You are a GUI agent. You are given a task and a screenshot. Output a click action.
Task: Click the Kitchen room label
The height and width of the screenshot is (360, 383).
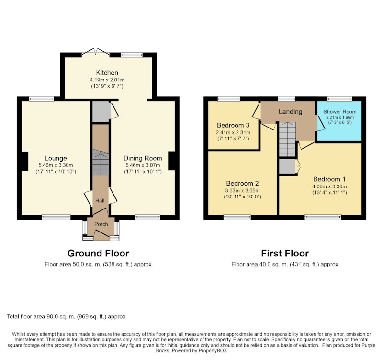click(107, 73)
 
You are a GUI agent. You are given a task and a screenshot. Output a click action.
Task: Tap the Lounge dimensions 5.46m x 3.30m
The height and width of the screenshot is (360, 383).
click(56, 165)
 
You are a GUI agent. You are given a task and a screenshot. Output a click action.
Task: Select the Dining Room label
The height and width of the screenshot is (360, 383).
click(143, 158)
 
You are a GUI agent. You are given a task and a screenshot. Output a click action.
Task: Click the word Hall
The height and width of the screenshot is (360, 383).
click(100, 201)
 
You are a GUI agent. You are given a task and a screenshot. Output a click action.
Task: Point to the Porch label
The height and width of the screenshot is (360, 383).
click(101, 224)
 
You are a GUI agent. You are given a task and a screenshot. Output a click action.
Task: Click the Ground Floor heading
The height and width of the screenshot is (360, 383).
click(98, 254)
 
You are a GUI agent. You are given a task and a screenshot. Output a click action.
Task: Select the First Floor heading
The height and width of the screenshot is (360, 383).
click(285, 254)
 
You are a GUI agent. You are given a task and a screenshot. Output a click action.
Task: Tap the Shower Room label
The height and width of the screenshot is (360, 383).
click(340, 112)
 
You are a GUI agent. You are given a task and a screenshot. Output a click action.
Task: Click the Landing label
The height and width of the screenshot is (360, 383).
click(291, 112)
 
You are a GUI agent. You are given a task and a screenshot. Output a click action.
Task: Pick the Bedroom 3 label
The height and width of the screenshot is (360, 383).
click(233, 125)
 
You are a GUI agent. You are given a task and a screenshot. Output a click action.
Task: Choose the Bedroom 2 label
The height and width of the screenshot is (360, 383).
click(242, 183)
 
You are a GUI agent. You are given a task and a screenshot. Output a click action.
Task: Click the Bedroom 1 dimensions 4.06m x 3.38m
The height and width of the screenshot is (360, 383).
click(329, 186)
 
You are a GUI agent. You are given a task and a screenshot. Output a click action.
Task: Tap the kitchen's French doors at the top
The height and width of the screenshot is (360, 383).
click(95, 52)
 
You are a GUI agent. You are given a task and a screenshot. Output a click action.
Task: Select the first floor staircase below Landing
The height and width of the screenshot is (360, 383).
click(288, 139)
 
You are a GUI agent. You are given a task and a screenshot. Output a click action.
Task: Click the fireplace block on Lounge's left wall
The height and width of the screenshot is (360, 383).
click(25, 162)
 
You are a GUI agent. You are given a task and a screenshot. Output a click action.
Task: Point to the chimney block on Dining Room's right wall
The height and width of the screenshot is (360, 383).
click(172, 161)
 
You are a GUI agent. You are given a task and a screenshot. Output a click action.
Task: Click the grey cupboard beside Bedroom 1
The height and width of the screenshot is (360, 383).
click(287, 166)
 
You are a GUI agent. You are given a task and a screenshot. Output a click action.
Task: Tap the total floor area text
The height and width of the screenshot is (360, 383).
click(66, 317)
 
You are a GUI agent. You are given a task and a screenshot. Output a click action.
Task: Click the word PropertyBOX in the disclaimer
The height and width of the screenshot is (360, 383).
click(213, 351)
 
